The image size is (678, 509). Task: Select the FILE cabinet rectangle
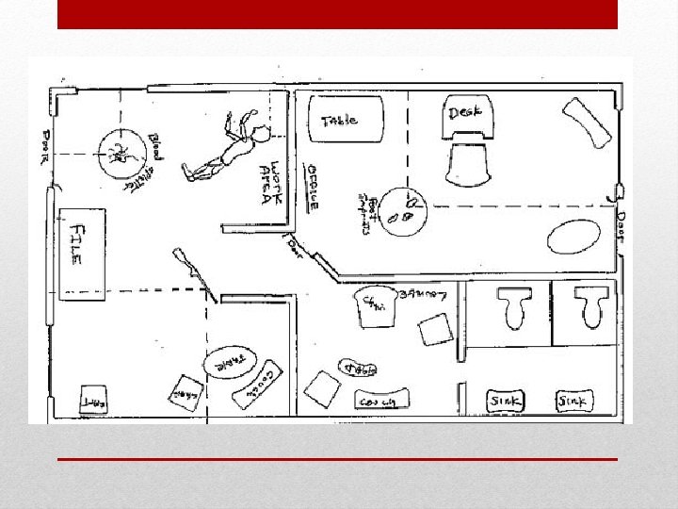click(x=82, y=254)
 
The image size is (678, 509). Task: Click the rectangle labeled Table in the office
click(x=345, y=120)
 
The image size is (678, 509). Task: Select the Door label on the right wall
click(x=620, y=226)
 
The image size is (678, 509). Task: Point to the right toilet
click(x=591, y=308)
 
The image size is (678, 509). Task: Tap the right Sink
click(x=573, y=401)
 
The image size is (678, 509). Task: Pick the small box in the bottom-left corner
click(x=92, y=399)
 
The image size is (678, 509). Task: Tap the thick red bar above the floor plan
click(x=337, y=14)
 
